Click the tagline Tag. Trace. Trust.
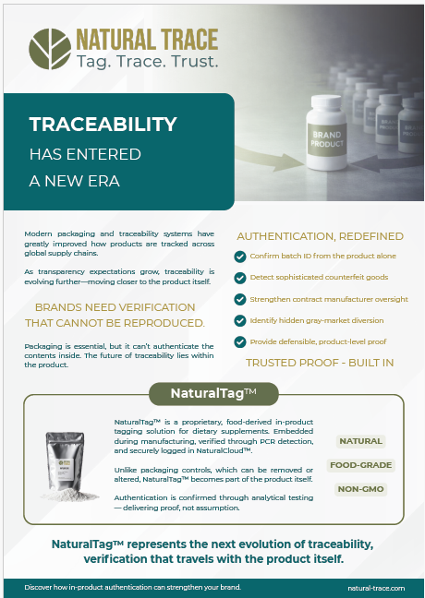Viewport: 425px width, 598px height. tap(147, 62)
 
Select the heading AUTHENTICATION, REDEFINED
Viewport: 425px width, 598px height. tap(320, 235)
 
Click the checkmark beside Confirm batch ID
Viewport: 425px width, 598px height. tap(240, 257)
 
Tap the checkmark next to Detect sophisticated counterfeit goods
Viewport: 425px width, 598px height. tap(240, 278)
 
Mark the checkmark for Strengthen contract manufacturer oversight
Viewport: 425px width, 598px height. tap(240, 299)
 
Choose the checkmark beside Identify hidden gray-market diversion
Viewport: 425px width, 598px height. tap(240, 320)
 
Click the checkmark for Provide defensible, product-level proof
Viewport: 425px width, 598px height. tap(240, 341)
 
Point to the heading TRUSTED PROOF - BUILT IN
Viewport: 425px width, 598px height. tap(320, 363)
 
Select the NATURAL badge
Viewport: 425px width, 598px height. tap(359, 441)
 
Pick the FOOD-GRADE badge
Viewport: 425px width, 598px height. tap(359, 465)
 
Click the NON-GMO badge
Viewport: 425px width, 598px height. tap(359, 489)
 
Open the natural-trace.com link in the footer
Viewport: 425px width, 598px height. tap(375, 585)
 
